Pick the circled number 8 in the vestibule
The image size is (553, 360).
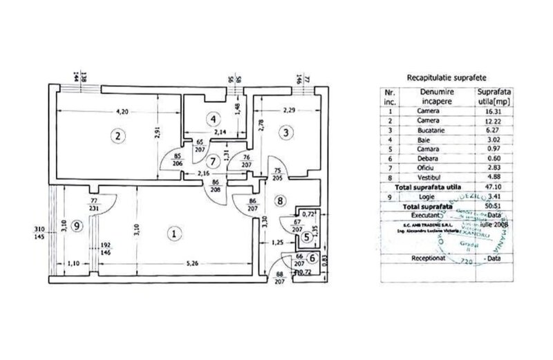coord(279,202)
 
